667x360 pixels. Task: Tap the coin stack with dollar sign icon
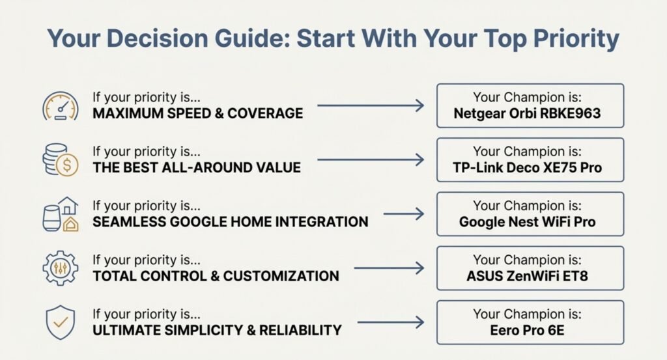click(x=61, y=159)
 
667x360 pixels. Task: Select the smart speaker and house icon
click(x=61, y=214)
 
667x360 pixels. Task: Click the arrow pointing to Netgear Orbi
click(x=371, y=105)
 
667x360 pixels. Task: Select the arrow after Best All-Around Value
click(x=371, y=159)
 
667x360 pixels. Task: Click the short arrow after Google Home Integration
click(x=404, y=214)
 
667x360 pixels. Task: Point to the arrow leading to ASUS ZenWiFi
click(x=389, y=268)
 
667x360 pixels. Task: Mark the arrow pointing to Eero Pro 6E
click(x=391, y=322)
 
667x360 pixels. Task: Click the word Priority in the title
click(x=576, y=39)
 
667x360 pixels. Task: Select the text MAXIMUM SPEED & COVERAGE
click(x=198, y=113)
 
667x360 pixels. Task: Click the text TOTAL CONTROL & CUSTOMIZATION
click(x=216, y=276)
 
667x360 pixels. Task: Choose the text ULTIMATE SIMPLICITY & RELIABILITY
click(x=217, y=330)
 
